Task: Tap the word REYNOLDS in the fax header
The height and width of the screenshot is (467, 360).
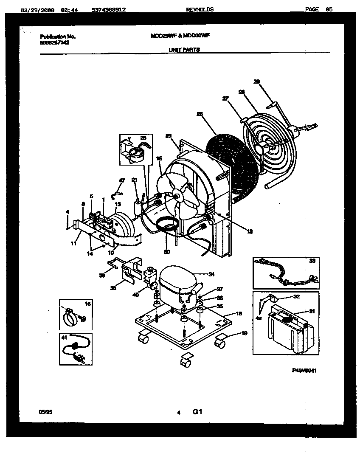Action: click(200, 9)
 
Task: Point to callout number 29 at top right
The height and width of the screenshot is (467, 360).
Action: click(256, 82)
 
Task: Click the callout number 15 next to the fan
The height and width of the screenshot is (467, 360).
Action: click(159, 158)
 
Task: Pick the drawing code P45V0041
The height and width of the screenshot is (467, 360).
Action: click(304, 370)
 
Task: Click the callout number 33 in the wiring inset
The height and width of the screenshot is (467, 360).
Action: click(312, 261)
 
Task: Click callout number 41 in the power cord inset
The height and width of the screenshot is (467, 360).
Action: click(65, 338)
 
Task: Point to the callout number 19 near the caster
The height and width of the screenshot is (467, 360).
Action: click(244, 333)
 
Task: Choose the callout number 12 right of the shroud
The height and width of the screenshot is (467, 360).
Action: click(249, 231)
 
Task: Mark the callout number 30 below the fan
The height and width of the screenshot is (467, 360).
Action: click(166, 252)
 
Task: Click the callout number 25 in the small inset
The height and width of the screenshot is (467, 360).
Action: click(143, 138)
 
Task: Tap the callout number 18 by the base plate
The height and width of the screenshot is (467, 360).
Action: click(239, 313)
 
